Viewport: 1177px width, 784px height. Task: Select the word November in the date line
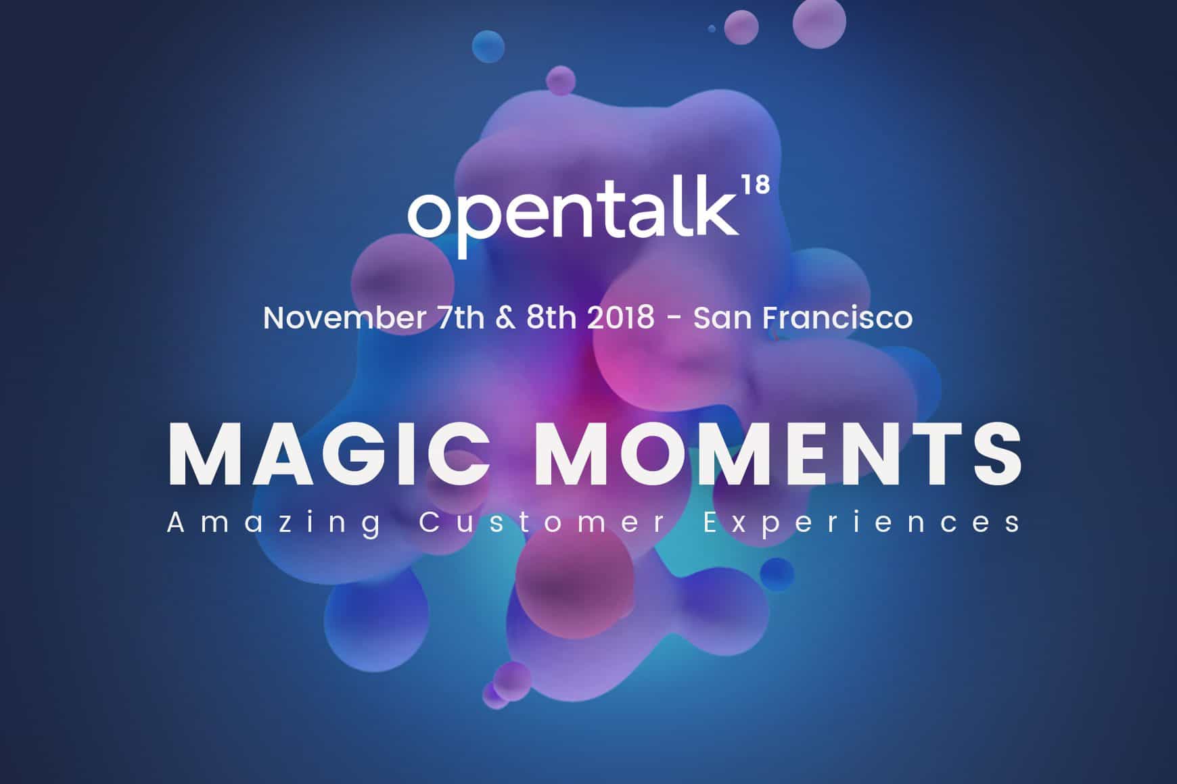coord(344,318)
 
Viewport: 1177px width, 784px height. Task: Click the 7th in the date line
coord(461,318)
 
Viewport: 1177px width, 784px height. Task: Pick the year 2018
coord(620,318)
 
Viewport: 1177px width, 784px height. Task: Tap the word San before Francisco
coord(722,318)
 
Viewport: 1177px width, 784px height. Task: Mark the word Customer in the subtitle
coord(543,523)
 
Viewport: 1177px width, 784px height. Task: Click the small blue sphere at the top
coord(488,46)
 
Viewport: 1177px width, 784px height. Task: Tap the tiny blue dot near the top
coord(712,28)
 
